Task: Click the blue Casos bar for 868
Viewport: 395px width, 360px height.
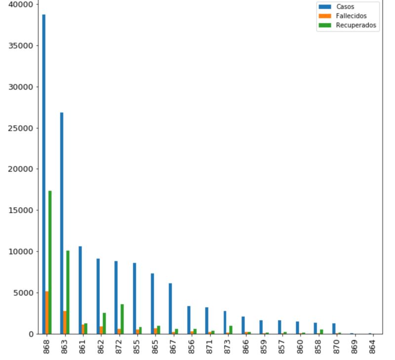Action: [43, 173]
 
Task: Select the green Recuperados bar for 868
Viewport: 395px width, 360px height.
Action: [50, 261]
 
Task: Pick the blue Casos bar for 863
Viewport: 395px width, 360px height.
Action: [62, 222]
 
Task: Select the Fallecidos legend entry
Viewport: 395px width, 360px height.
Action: [348, 16]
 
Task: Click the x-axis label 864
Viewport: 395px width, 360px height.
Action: [372, 346]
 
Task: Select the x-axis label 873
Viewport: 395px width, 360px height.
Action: [228, 346]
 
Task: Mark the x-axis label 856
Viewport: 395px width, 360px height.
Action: [192, 346]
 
